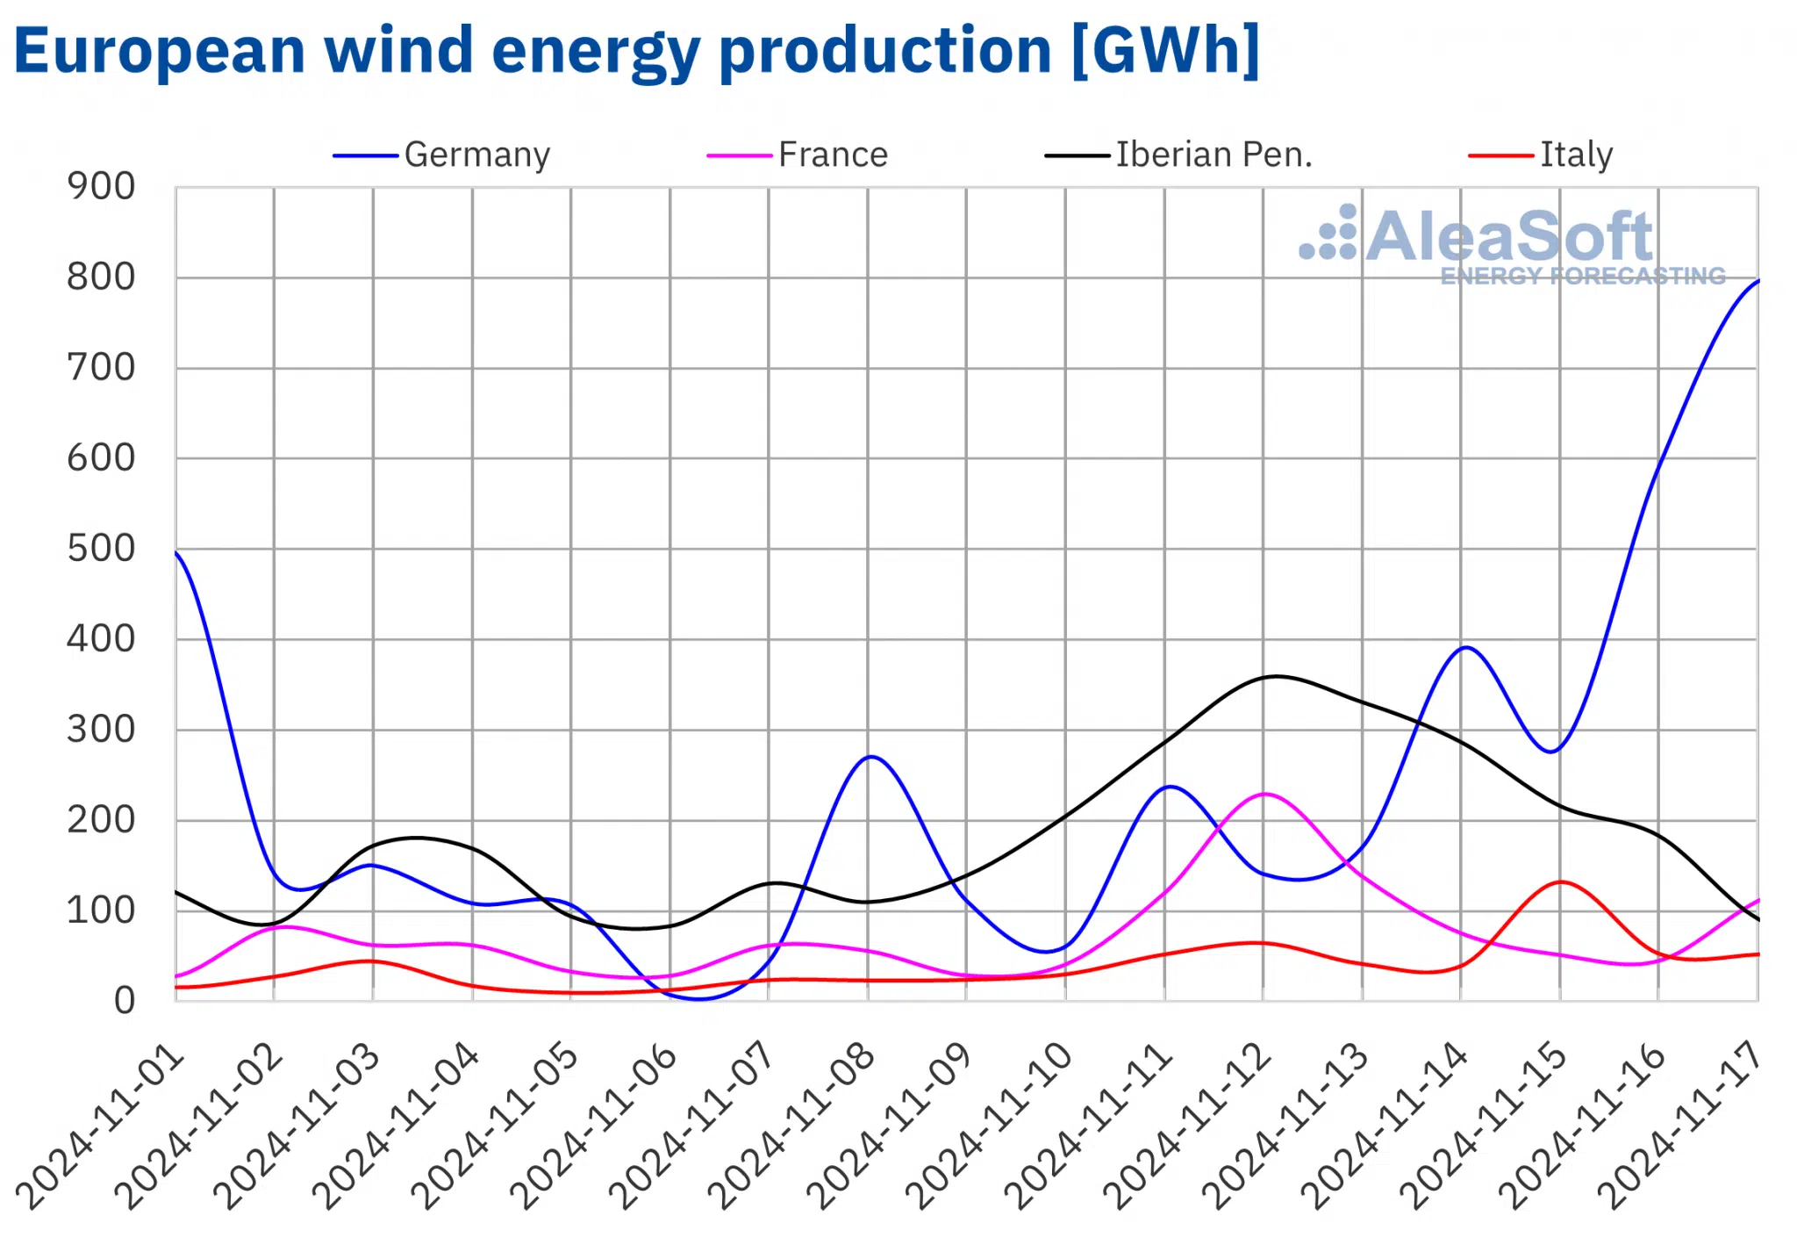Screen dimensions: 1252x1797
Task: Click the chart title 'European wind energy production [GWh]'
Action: [637, 51]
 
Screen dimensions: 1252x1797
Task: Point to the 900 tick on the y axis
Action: [101, 186]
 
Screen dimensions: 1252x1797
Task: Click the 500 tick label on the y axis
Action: [101, 549]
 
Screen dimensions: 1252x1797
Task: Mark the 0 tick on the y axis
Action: [124, 1001]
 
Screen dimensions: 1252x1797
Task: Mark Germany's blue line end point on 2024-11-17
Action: [1758, 281]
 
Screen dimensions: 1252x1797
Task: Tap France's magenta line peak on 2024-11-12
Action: [1264, 794]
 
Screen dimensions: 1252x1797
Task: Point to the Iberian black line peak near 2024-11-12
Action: [1276, 676]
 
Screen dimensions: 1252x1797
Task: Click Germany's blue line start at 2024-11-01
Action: [176, 552]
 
